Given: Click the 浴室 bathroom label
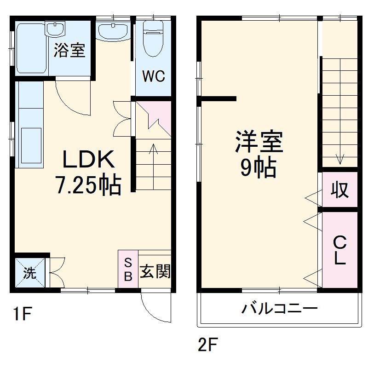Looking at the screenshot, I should click(x=69, y=50).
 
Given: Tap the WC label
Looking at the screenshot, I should click(x=153, y=76).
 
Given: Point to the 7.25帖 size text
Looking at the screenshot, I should click(x=88, y=185).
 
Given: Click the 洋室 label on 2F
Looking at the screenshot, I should click(x=259, y=142).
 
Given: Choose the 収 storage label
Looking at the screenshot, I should click(x=340, y=190).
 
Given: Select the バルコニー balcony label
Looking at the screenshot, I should click(x=280, y=308).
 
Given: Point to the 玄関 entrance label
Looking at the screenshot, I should click(x=155, y=271).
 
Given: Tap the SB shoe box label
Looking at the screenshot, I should click(x=128, y=270).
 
